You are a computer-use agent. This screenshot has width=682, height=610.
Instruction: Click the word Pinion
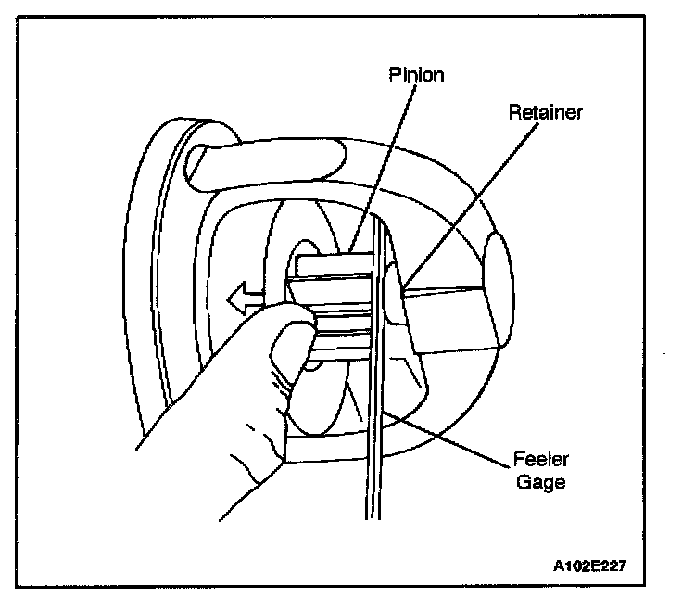click(416, 75)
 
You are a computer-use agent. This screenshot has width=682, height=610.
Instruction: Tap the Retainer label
click(547, 112)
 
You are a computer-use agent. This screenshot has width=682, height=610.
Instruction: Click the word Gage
click(540, 482)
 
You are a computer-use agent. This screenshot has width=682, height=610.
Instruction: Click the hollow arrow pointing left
click(242, 299)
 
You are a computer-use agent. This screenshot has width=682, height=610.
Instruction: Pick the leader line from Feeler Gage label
click(454, 437)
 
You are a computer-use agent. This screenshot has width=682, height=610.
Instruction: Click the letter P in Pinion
click(394, 75)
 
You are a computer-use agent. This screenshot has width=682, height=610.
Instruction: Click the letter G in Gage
click(523, 482)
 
